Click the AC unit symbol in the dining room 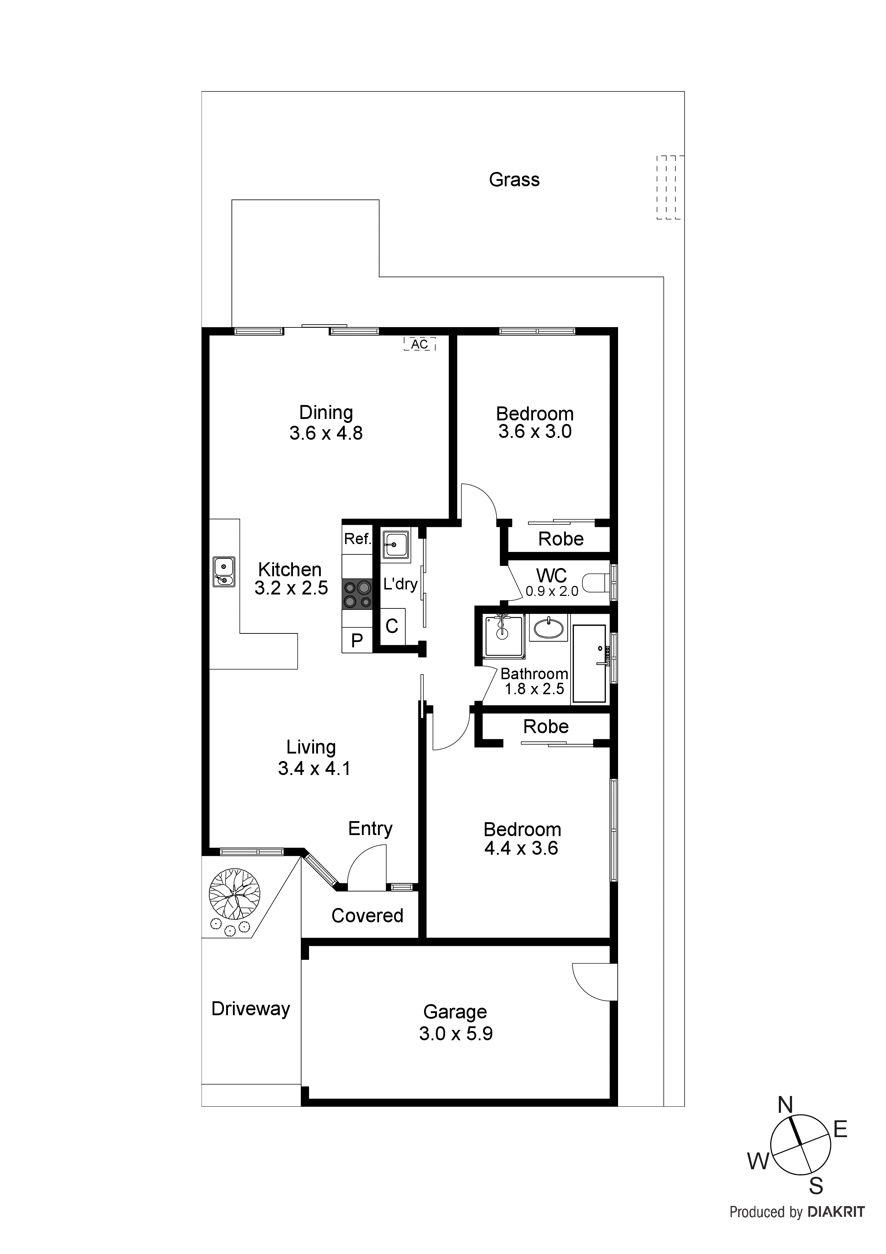pos(419,344)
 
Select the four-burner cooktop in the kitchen pos(357,594)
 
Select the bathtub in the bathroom pos(589,663)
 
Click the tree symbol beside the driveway pos(234,894)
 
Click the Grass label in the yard pos(514,180)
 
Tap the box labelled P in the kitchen pos(357,640)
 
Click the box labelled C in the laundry pos(392,626)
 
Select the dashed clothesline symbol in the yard pos(669,187)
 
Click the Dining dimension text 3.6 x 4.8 pos(326,433)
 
